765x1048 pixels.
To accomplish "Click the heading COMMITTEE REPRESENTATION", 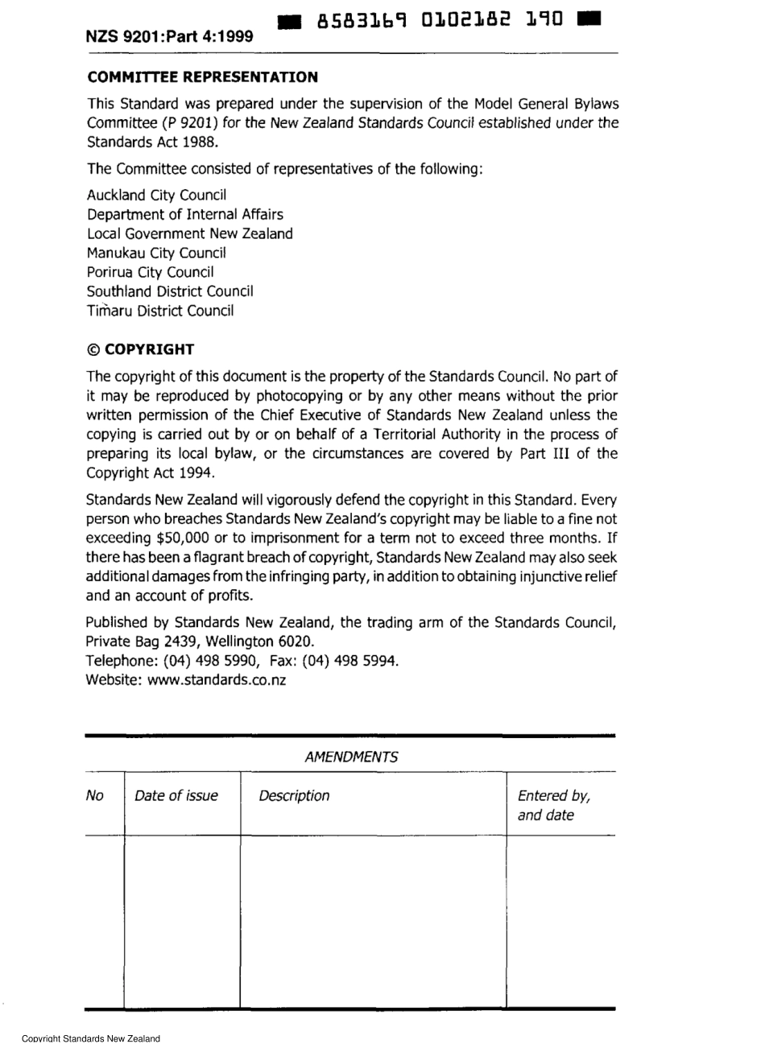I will (x=202, y=77).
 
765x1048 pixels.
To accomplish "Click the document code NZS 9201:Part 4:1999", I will (x=170, y=36).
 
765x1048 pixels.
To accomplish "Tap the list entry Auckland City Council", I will (x=157, y=196).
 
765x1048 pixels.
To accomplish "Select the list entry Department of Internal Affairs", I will (x=185, y=215).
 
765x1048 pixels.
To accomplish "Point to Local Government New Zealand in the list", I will (x=190, y=234).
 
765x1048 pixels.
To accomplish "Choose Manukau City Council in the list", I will (x=156, y=254).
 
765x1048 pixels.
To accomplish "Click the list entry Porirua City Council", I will (x=151, y=273).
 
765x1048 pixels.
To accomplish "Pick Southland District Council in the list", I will (x=170, y=292).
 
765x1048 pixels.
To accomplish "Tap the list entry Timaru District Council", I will (x=160, y=312).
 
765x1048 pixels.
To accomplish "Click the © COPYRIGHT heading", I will (x=140, y=349).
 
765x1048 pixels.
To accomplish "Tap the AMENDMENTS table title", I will (x=351, y=757).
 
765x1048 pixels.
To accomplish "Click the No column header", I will (x=95, y=796).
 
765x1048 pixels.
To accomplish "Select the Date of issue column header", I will (x=176, y=796).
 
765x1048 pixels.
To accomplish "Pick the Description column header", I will (x=294, y=796).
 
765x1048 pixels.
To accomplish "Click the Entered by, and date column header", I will (x=554, y=806).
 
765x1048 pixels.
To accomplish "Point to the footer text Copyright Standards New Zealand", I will (x=91, y=1039).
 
